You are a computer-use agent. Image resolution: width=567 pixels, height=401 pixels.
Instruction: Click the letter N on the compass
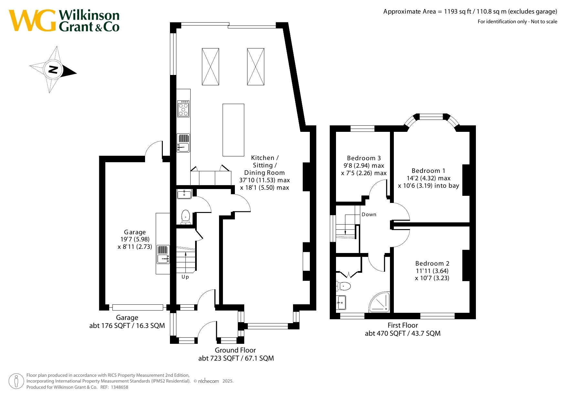pos(53,69)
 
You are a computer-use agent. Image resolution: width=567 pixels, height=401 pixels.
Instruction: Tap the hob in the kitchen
pos(183,109)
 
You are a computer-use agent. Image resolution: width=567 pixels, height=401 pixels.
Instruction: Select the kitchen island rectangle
pos(233,130)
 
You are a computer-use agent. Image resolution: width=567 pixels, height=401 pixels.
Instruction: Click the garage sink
pos(163,254)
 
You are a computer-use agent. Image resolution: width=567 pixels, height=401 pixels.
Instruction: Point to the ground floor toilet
pos(185,217)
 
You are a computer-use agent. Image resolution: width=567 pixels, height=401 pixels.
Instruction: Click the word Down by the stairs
pos(369,215)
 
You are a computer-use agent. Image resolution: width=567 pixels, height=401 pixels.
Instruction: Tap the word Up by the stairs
pos(185,277)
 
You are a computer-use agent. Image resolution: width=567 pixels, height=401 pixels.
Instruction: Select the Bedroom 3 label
pos(364,158)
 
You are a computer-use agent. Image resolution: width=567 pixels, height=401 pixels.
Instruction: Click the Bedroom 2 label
pos(432,263)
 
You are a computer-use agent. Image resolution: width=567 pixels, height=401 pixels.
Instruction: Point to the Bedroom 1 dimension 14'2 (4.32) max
pos(428,178)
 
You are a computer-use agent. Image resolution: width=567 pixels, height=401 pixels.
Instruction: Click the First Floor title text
pos(403,325)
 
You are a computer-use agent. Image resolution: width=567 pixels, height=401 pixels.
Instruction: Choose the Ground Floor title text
pos(235,350)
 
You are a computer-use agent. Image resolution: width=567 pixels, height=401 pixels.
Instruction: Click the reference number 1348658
pos(120,387)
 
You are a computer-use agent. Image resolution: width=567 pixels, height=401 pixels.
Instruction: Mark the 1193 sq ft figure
pos(457,12)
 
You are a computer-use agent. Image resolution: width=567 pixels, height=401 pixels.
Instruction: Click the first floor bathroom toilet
pos(343,286)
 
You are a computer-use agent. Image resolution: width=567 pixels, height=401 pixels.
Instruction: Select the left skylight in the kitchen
pos(210,67)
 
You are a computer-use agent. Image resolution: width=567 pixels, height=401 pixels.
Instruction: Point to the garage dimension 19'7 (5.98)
pos(135,239)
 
